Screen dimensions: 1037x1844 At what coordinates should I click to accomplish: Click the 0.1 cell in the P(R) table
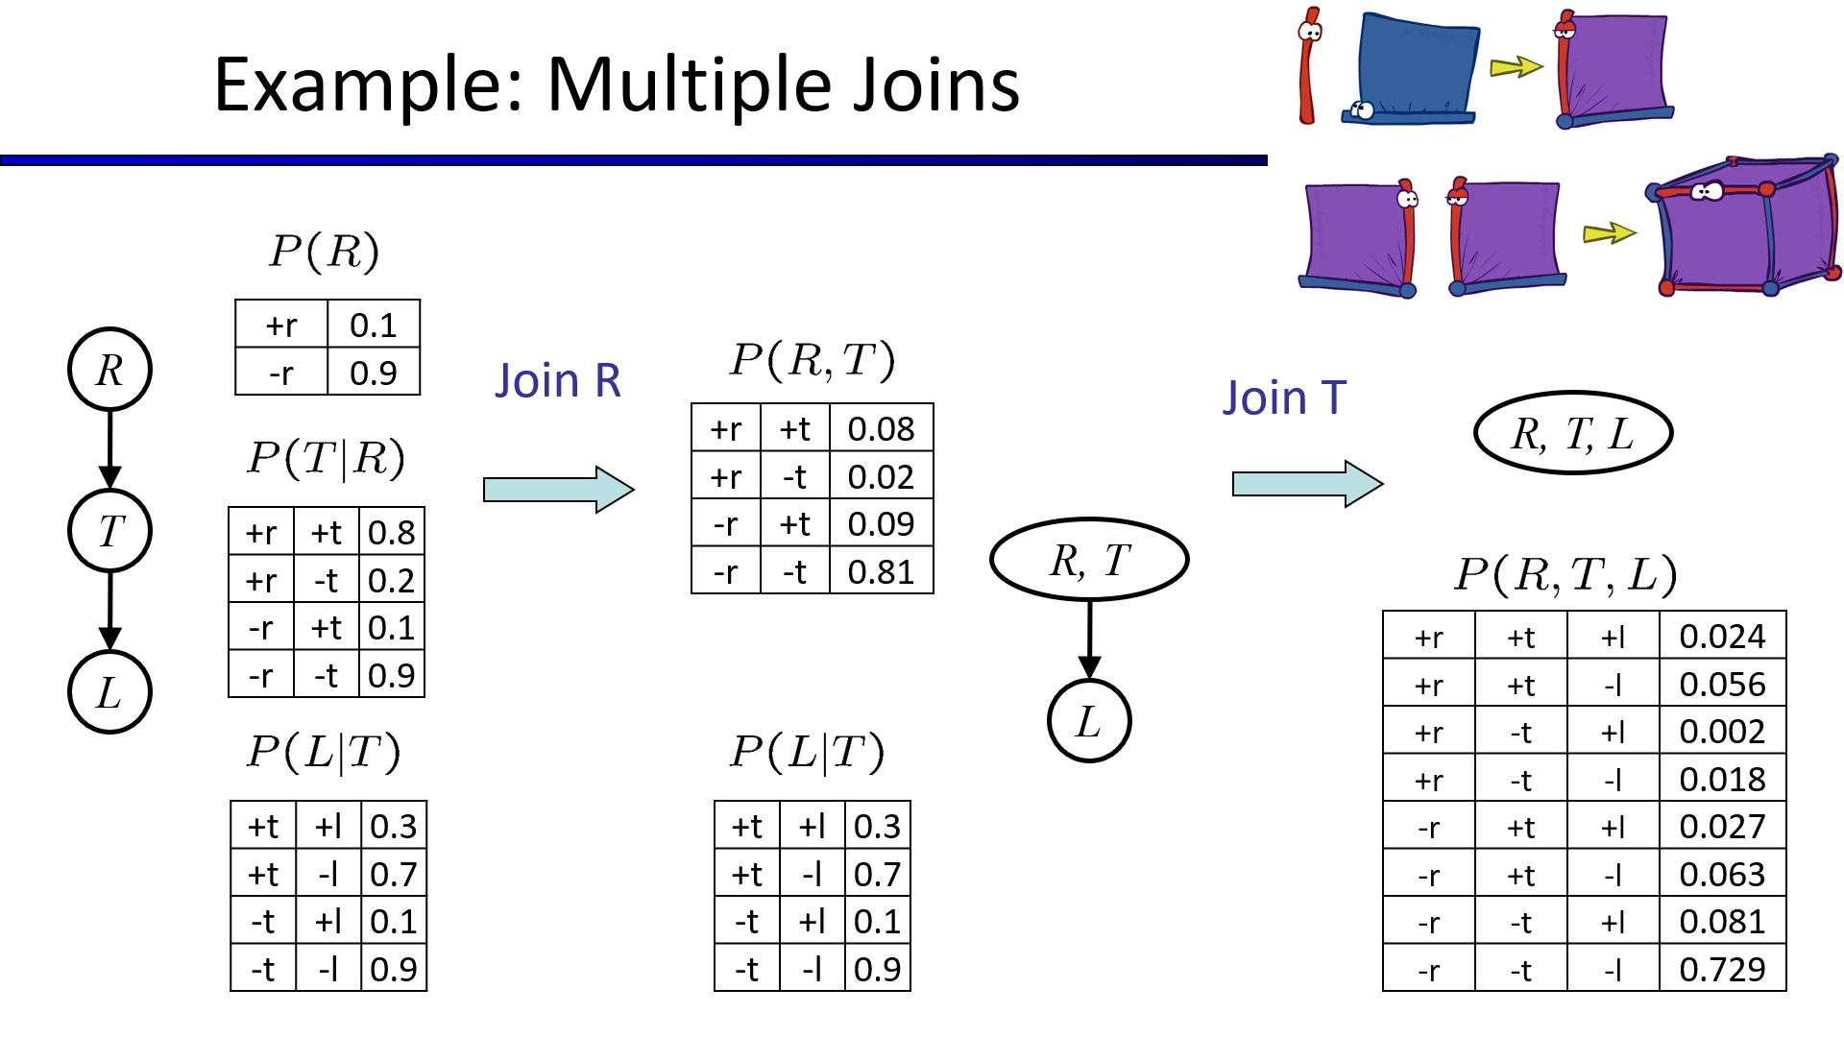(373, 326)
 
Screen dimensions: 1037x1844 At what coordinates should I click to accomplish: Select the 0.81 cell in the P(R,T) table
(880, 572)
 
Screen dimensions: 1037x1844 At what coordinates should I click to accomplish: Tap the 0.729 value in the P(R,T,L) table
(1721, 970)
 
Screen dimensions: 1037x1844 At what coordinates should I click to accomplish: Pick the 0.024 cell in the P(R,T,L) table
(1721, 637)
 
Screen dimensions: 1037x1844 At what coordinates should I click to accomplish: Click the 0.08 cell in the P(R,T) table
(880, 429)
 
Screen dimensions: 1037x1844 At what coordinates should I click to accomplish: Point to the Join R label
(558, 381)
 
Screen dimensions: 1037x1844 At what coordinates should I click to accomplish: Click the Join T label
(1284, 398)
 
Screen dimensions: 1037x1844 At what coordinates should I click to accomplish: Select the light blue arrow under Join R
(558, 490)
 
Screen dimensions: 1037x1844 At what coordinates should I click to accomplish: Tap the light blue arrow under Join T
(1307, 483)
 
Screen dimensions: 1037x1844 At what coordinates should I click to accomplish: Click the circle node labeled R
(109, 370)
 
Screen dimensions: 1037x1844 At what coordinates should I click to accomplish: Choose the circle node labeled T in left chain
(109, 531)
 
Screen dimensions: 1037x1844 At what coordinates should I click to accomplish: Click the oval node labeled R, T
(1089, 560)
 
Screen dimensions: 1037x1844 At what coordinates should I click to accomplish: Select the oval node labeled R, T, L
(1572, 433)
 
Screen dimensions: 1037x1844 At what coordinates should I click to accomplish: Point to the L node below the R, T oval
(1088, 721)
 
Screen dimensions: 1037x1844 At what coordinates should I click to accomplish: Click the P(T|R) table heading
(327, 458)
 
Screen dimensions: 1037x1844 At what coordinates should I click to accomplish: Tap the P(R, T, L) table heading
(1565, 575)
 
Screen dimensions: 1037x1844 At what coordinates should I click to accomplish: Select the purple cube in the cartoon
(1743, 228)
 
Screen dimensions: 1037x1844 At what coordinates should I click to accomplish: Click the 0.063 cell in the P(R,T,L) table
(1721, 875)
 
